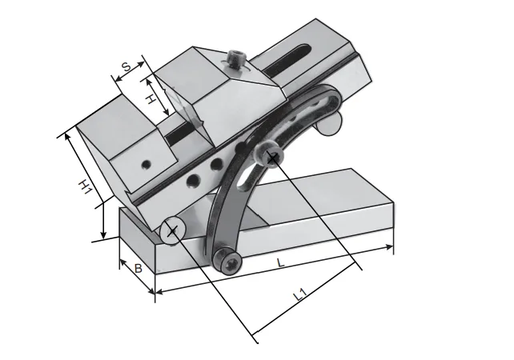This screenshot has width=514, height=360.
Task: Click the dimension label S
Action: (126, 66)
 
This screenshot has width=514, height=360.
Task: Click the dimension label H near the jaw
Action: (151, 98)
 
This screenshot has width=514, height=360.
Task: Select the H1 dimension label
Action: (84, 186)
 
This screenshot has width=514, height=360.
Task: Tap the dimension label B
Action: (139, 269)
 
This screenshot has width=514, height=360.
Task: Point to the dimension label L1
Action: (299, 294)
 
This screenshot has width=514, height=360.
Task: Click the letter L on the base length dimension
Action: (280, 262)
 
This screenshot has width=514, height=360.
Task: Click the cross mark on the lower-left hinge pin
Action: (172, 231)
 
